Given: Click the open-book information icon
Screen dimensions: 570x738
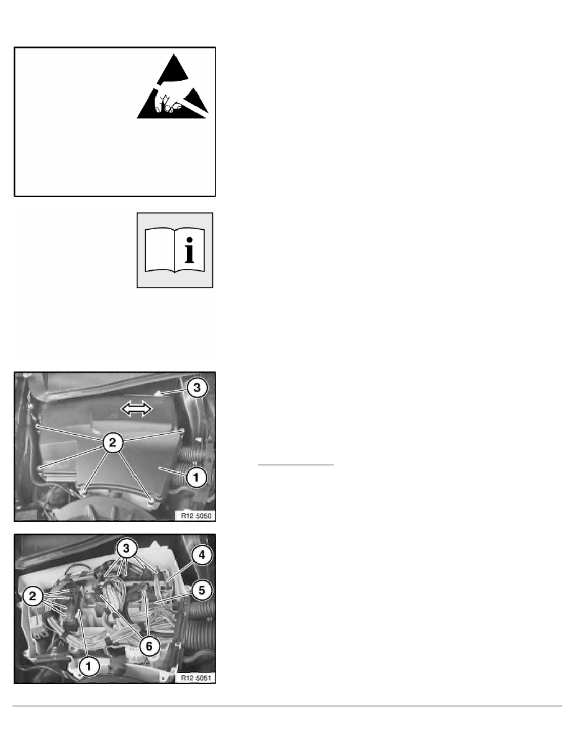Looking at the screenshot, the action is click(x=175, y=250).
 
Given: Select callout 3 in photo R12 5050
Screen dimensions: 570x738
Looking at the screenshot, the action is click(x=197, y=388).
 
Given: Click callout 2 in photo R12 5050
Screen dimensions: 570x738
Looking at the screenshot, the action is click(x=113, y=442).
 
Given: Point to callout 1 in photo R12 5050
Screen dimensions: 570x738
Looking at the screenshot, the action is click(x=196, y=478).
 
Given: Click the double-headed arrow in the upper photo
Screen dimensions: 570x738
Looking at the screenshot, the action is click(x=137, y=409).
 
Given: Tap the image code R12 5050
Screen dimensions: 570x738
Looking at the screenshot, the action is click(x=196, y=516).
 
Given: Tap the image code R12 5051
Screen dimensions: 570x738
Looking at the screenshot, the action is click(x=196, y=678).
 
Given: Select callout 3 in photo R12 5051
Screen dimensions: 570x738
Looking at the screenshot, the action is click(x=126, y=549).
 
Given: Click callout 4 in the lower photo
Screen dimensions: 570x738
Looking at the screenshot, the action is click(x=202, y=555).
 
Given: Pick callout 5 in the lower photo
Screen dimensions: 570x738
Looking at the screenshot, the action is click(x=202, y=590).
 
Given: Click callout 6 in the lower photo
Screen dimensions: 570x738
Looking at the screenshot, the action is click(x=149, y=646).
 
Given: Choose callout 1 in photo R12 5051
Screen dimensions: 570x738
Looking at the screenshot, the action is click(x=88, y=666).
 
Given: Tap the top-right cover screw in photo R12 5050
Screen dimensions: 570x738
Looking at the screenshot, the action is click(x=181, y=430).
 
